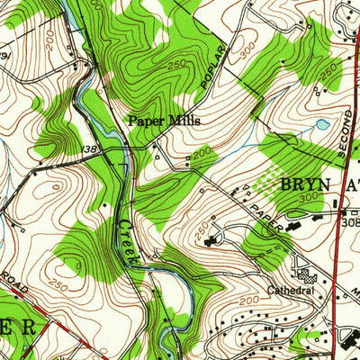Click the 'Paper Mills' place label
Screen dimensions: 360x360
(x=164, y=119)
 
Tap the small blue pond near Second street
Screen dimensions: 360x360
(x=320, y=125)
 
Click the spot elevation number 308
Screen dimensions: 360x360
(x=350, y=218)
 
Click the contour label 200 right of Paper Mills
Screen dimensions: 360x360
(x=206, y=154)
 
